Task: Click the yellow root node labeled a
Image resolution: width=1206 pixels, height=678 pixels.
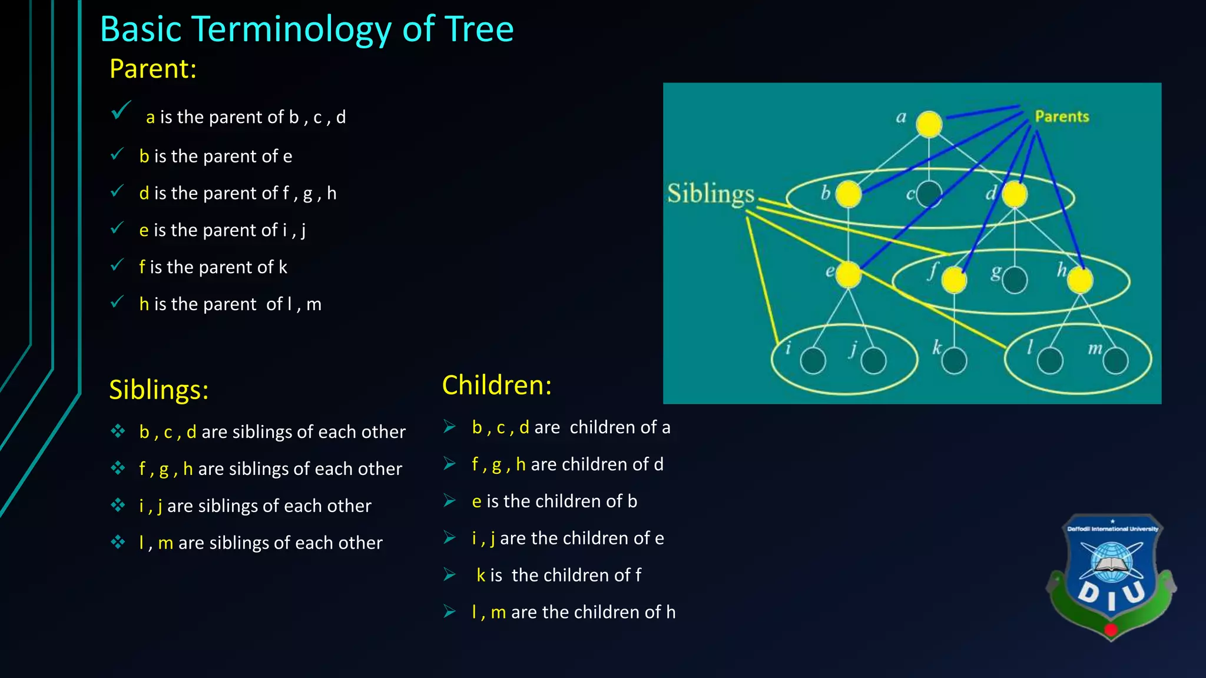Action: coord(929,124)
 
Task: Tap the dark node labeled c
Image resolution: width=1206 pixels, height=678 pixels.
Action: coord(929,194)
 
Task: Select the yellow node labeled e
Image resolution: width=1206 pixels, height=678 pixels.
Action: coord(849,275)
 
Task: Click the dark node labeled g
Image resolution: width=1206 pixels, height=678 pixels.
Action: coord(1015,280)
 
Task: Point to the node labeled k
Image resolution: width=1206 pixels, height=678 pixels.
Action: coord(954,361)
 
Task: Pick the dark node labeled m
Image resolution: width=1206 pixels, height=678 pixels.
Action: coord(1115,361)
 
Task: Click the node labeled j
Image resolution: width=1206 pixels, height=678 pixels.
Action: coord(873,361)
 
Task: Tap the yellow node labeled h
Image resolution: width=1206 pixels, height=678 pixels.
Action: coord(1080,280)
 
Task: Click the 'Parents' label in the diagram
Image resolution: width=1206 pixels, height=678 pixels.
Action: coord(1062,117)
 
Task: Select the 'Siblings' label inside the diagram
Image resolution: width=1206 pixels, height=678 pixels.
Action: coord(710,194)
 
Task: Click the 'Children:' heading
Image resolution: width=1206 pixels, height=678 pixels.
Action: coord(497,385)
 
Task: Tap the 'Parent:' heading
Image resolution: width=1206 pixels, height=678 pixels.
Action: coord(153,69)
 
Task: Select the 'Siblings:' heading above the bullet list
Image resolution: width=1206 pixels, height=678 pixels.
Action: coord(159,390)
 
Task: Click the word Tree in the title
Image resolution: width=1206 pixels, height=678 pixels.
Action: coord(479,29)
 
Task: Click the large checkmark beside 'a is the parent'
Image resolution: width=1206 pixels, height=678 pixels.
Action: coord(121,111)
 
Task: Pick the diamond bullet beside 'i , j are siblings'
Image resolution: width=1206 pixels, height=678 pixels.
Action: coord(118,506)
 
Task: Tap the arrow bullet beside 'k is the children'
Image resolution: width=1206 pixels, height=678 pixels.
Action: coord(450,574)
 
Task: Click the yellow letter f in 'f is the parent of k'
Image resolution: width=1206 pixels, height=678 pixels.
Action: coord(142,267)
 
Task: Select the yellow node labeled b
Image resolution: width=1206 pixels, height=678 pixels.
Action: coord(849,194)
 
